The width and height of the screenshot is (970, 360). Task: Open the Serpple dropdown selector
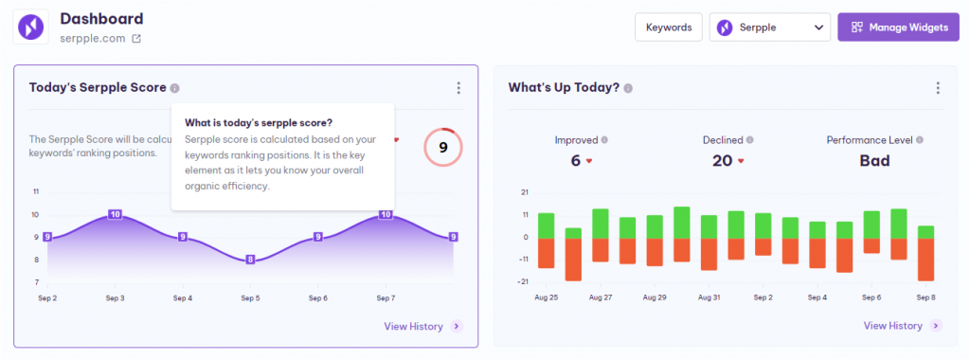coord(769,27)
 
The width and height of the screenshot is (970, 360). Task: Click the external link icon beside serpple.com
coord(136,39)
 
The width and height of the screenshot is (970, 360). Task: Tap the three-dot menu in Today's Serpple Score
coord(458,88)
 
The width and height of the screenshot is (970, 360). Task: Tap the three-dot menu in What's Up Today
coord(938,88)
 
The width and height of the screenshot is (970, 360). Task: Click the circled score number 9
coord(442,147)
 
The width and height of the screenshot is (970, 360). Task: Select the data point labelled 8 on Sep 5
coord(250,260)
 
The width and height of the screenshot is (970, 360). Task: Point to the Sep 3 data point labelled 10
coord(115,214)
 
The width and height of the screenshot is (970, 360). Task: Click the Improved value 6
coord(575,161)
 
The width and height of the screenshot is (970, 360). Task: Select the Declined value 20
coord(722,161)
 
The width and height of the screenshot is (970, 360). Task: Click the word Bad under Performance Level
coord(874,161)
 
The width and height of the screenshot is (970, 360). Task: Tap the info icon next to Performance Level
coord(920,140)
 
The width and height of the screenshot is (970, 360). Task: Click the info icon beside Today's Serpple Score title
coord(174,88)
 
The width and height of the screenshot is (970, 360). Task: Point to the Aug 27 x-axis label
coord(600,297)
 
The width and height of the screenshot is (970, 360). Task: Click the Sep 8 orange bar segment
coord(926,259)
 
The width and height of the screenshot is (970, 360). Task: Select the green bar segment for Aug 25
coord(546,225)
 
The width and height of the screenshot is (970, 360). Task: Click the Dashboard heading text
coord(101,19)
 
